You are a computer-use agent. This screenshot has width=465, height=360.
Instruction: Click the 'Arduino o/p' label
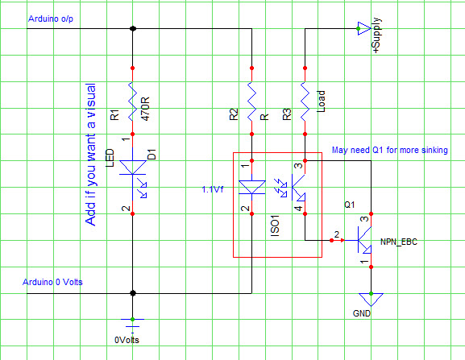pyautogui.click(x=51, y=18)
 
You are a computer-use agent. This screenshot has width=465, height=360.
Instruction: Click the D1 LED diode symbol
pyautogui.click(x=133, y=171)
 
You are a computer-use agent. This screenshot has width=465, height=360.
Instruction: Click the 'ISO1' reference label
pyautogui.click(x=274, y=226)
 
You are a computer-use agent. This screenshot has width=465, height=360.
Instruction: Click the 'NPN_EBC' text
pyautogui.click(x=399, y=241)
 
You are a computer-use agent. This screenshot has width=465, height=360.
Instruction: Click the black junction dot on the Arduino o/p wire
pyautogui.click(x=133, y=29)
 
